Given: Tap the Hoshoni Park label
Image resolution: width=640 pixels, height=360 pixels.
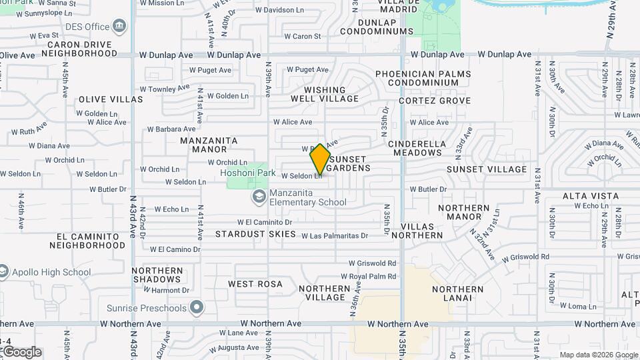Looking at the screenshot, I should (x=249, y=172).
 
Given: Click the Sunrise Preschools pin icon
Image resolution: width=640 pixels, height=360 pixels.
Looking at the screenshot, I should (x=196, y=308).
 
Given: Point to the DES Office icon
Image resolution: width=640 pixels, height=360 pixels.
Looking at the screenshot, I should (x=119, y=27).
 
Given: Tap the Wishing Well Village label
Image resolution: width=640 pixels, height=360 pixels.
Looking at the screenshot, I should (x=325, y=94).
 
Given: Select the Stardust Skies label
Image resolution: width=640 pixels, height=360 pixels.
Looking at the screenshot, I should (x=255, y=234).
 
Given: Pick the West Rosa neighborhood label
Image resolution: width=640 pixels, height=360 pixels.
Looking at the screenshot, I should (x=255, y=284).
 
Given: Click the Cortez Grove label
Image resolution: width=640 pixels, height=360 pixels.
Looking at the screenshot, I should (x=435, y=101).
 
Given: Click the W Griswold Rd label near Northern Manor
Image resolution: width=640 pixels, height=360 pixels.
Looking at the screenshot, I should (x=526, y=257).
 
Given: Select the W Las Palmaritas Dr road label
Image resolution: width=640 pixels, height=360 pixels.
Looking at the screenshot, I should (x=335, y=236).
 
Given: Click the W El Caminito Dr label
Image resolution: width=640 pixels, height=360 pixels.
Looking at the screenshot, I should (x=265, y=222).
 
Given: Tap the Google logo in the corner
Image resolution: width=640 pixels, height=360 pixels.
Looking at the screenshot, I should (x=21, y=351).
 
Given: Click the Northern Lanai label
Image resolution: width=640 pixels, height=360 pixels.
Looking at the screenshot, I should (x=457, y=293).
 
